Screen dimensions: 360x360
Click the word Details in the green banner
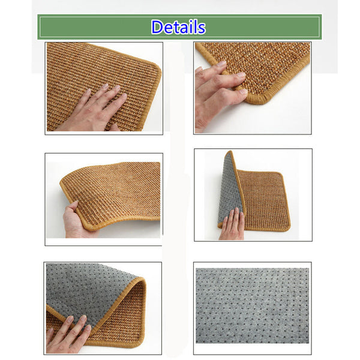pos(178,27)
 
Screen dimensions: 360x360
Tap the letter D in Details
pos(157,27)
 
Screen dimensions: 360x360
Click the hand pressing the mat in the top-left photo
pos(94,110)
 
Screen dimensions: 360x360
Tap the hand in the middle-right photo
pos(232,224)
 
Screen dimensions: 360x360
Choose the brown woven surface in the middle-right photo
pos(264,200)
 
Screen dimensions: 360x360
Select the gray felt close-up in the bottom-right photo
pos(253,305)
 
